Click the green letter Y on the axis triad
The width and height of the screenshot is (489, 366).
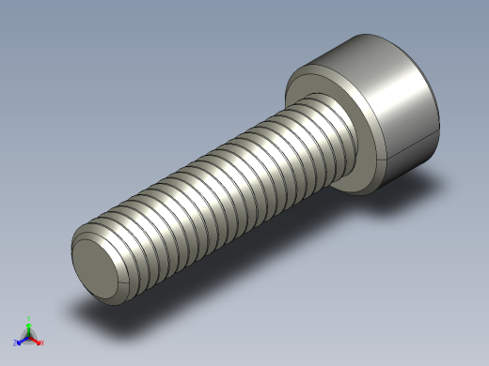click(x=29, y=319)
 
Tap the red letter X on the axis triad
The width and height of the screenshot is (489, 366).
click(x=42, y=343)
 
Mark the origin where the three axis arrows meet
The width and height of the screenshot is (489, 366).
click(x=29, y=336)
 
